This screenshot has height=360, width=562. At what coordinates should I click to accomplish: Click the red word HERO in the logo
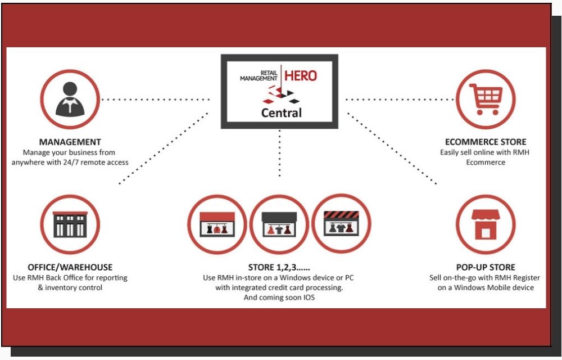[x=301, y=76]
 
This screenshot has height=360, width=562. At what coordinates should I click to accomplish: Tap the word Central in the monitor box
[x=282, y=113]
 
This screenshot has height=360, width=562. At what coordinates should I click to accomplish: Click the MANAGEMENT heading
[x=70, y=142]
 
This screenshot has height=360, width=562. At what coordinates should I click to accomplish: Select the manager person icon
[x=70, y=100]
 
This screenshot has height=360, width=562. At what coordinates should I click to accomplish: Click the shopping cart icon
[x=486, y=99]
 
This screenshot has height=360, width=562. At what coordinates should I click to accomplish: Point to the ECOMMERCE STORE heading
[x=486, y=142]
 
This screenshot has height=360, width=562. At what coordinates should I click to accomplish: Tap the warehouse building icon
[x=70, y=224]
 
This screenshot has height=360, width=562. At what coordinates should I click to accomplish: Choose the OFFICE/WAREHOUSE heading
[x=70, y=267]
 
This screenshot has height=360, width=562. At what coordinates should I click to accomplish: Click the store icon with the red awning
[x=217, y=224]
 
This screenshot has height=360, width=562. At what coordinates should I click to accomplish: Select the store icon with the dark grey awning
[x=279, y=224]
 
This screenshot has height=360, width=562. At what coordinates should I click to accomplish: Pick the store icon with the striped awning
[x=341, y=224]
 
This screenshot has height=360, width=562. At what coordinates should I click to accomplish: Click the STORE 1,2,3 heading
[x=279, y=267]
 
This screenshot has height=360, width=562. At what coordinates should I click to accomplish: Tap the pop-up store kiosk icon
[x=486, y=224]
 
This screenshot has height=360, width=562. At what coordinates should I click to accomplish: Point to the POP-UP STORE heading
[x=486, y=267]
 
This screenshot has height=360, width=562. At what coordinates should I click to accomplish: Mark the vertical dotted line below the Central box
[x=279, y=154]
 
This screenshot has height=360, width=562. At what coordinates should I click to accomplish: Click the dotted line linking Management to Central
[x=156, y=100]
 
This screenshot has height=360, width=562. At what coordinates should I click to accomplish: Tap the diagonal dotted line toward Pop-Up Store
[x=392, y=148]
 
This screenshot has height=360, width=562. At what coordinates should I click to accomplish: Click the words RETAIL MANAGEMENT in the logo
[x=259, y=76]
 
